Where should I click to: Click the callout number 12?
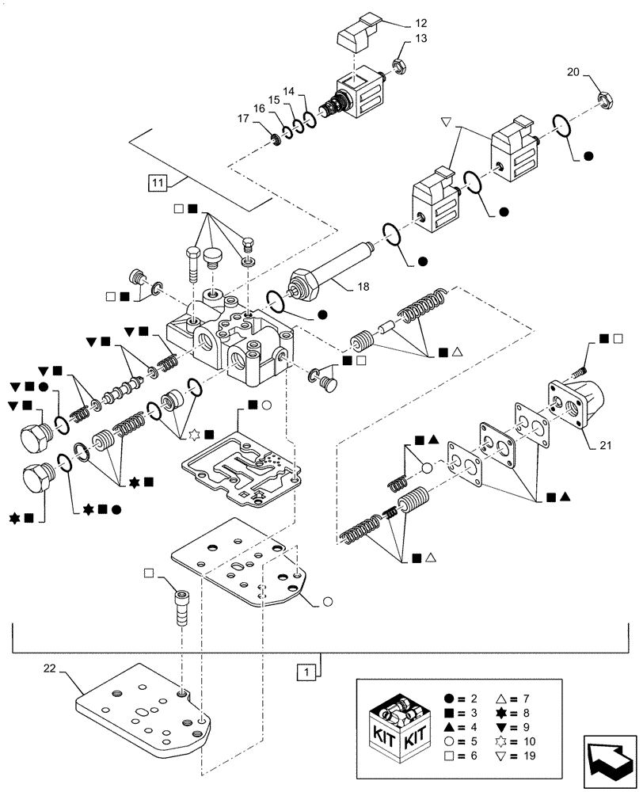tap(420, 23)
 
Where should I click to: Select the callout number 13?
tap(420, 39)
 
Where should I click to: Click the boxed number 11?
tap(158, 183)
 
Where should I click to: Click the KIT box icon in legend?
tap(401, 724)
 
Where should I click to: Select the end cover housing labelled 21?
tap(580, 403)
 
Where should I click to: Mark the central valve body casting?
tap(230, 341)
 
